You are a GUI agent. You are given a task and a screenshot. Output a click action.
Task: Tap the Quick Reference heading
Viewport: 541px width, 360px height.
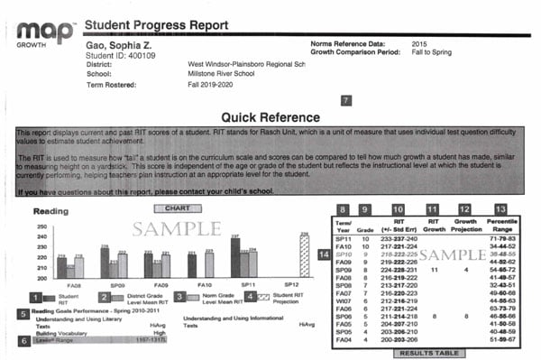pos(271,118)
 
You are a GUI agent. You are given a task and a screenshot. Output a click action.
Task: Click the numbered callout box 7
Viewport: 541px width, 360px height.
pos(347,101)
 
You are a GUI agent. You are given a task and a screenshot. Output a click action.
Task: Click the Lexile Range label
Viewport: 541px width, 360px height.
pos(49,340)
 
